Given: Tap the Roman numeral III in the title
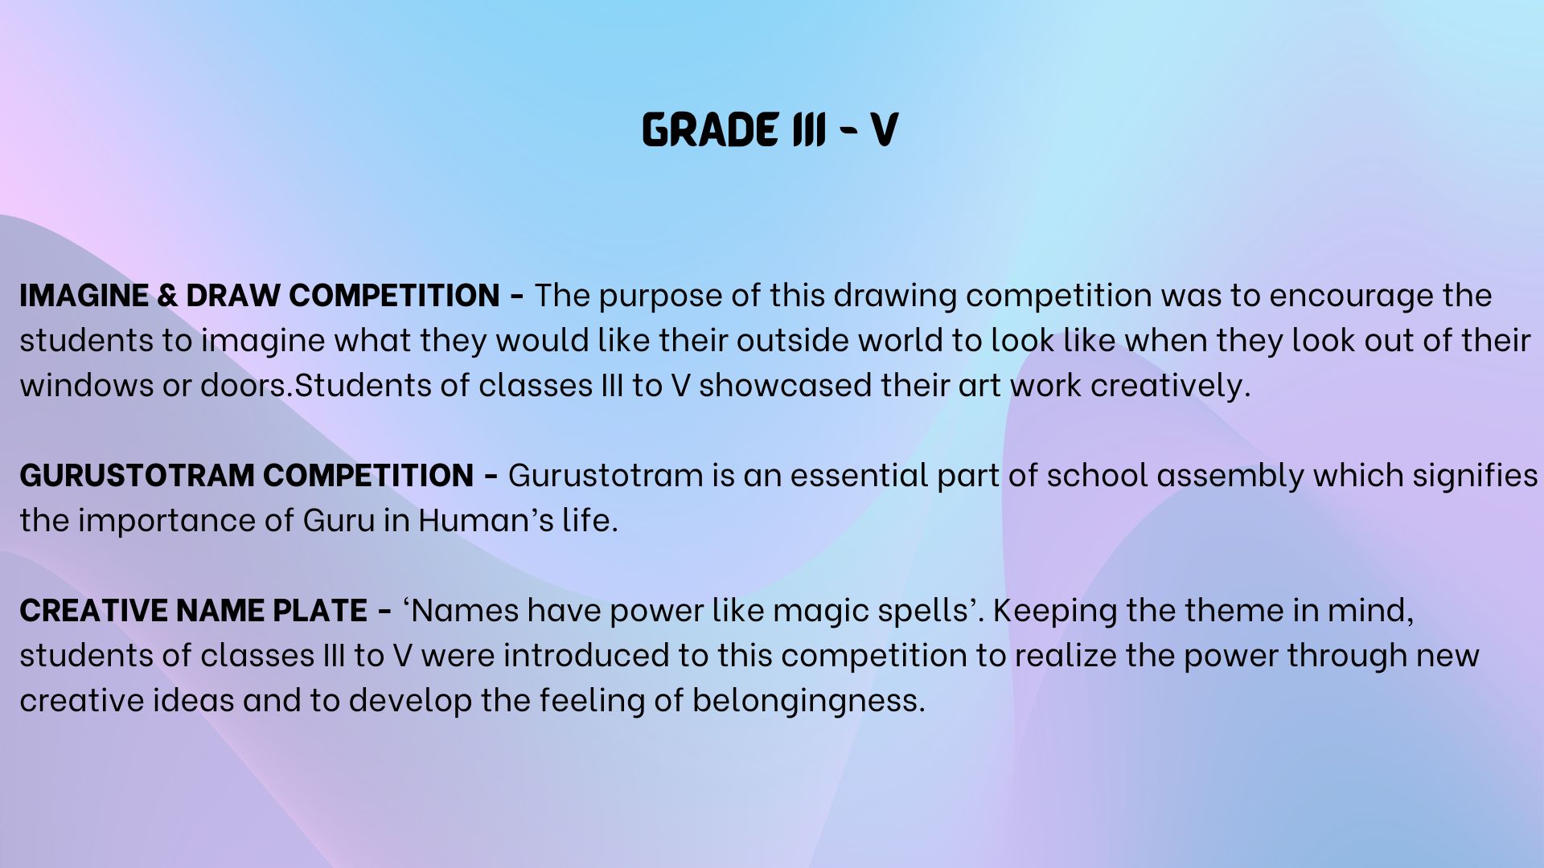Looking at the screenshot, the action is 809,129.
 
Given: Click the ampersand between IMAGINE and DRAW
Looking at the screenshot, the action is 167,296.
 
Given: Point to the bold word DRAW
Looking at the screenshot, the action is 233,296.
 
